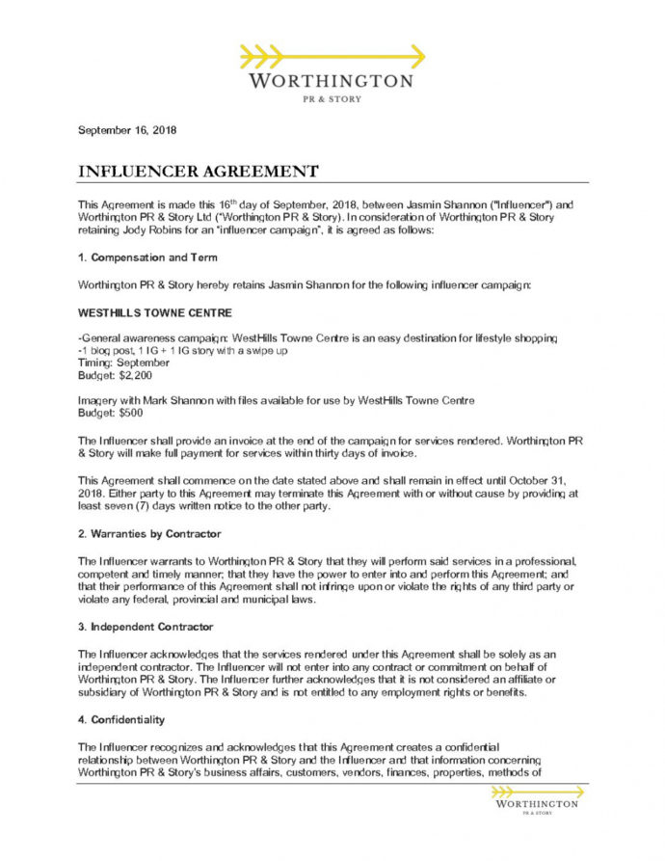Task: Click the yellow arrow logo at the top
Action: pyautogui.click(x=332, y=55)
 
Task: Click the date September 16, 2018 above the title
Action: pyautogui.click(x=126, y=130)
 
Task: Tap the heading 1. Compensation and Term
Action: pyautogui.click(x=146, y=257)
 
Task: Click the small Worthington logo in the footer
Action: pyautogui.click(x=536, y=799)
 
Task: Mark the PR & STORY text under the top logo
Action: pyautogui.click(x=332, y=99)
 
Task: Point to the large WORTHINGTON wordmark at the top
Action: pyautogui.click(x=332, y=81)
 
